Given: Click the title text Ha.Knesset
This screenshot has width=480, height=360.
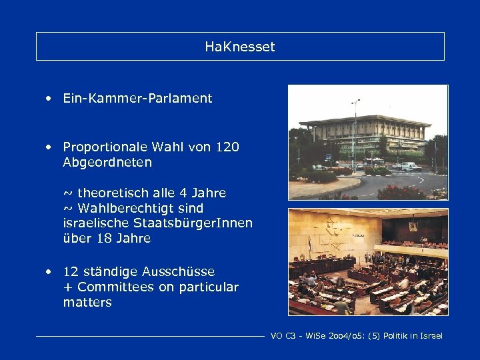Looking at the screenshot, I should (240, 47).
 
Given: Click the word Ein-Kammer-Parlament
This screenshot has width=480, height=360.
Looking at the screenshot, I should (137, 99).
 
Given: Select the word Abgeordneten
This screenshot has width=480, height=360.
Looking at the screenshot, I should (107, 162).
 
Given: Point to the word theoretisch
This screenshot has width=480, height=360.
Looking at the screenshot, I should (117, 193).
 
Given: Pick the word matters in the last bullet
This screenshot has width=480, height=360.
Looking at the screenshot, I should (87, 303).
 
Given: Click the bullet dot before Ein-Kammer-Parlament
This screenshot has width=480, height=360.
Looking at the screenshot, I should (49, 99).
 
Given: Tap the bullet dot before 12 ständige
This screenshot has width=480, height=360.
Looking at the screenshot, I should (49, 272).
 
